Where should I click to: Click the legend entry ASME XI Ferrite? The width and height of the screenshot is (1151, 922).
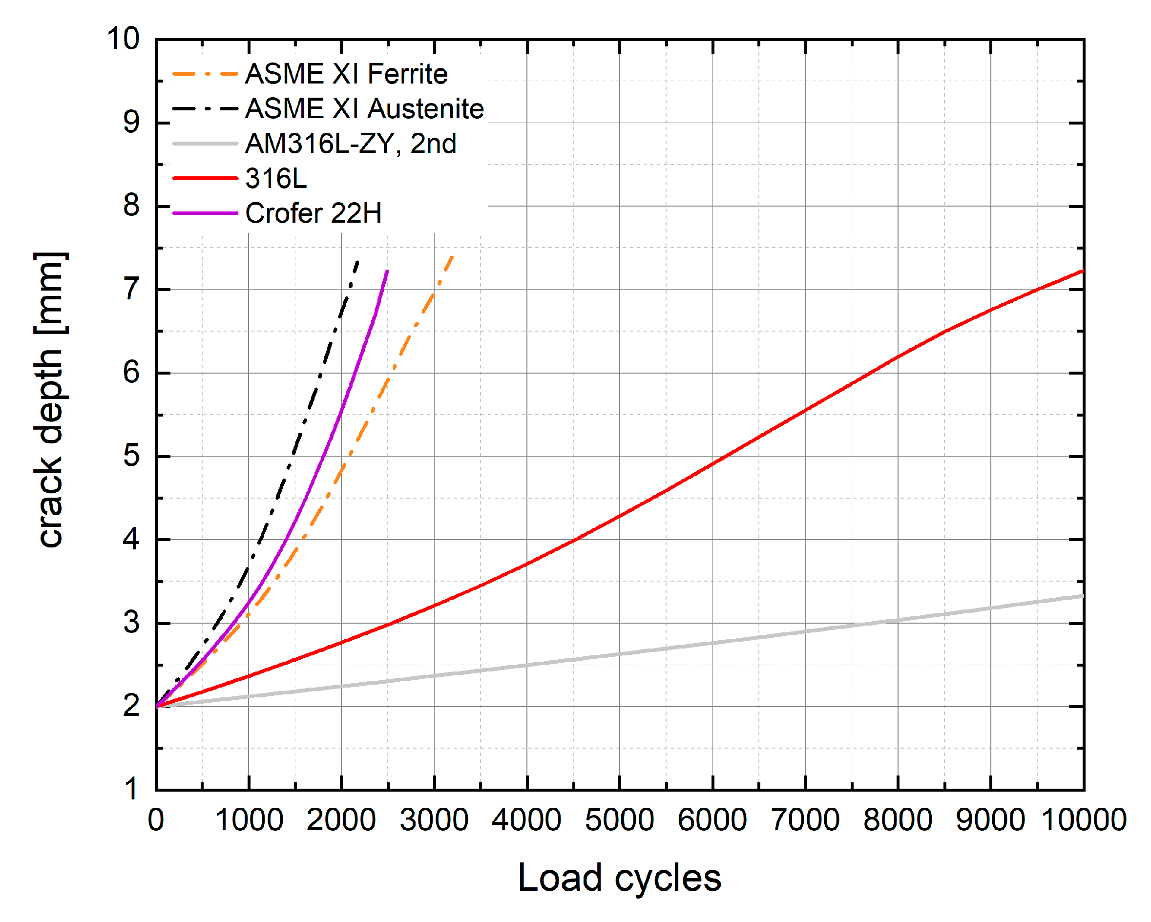(x=346, y=74)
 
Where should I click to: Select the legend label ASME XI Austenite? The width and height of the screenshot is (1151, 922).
(x=364, y=109)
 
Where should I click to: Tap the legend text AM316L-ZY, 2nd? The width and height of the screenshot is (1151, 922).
(x=351, y=144)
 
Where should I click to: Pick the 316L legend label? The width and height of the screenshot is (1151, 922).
(x=276, y=178)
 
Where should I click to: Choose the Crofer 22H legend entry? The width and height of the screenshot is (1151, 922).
(x=314, y=213)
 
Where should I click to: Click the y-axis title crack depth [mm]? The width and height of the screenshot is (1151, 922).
(x=51, y=399)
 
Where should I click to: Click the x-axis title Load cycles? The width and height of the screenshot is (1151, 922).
(x=619, y=878)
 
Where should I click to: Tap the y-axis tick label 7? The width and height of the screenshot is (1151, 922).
(x=131, y=290)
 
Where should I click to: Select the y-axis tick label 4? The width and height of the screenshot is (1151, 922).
(x=131, y=540)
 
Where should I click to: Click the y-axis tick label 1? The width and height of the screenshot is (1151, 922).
(x=131, y=790)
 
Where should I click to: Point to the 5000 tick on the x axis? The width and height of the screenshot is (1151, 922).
(x=619, y=820)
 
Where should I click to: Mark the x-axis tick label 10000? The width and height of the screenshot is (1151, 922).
(x=1084, y=820)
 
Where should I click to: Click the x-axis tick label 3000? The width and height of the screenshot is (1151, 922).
(x=434, y=820)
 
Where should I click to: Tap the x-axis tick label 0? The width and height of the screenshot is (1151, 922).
(x=156, y=820)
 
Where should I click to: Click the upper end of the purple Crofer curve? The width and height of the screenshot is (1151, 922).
(x=387, y=272)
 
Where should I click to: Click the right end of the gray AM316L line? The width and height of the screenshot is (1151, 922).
(x=1083, y=596)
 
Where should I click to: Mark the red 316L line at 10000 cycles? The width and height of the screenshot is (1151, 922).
(x=1083, y=271)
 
